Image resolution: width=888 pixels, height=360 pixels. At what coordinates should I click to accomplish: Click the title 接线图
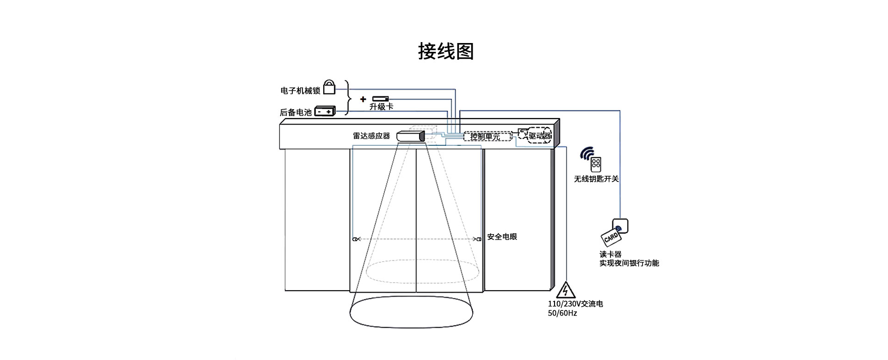[x=446, y=51]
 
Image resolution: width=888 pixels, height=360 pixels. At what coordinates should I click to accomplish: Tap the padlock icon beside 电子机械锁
[x=329, y=87]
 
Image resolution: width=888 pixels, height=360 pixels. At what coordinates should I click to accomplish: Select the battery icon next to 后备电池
[x=325, y=112]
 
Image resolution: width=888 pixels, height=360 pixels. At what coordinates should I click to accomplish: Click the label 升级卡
[x=382, y=106]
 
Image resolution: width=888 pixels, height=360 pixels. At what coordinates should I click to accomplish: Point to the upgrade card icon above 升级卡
[x=381, y=99]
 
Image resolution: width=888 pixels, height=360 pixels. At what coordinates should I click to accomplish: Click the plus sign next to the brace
[x=363, y=99]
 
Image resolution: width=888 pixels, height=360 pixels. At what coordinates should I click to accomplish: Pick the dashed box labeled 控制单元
[x=487, y=136]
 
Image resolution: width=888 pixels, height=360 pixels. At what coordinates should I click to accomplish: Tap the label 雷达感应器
[x=371, y=136]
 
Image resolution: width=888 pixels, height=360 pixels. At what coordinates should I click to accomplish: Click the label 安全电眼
[x=502, y=237]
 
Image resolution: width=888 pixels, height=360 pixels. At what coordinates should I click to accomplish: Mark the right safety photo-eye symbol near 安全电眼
[x=478, y=239]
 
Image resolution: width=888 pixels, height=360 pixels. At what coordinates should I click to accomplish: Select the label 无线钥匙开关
[x=596, y=179]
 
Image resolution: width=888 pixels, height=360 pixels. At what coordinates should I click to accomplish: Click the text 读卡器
[x=610, y=254]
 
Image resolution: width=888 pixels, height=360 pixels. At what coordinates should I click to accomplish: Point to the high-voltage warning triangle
[x=565, y=290]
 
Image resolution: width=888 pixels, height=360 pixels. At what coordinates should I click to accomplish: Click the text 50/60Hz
[x=562, y=313]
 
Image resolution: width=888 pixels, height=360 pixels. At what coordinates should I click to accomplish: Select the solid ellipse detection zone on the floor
[x=411, y=312]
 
